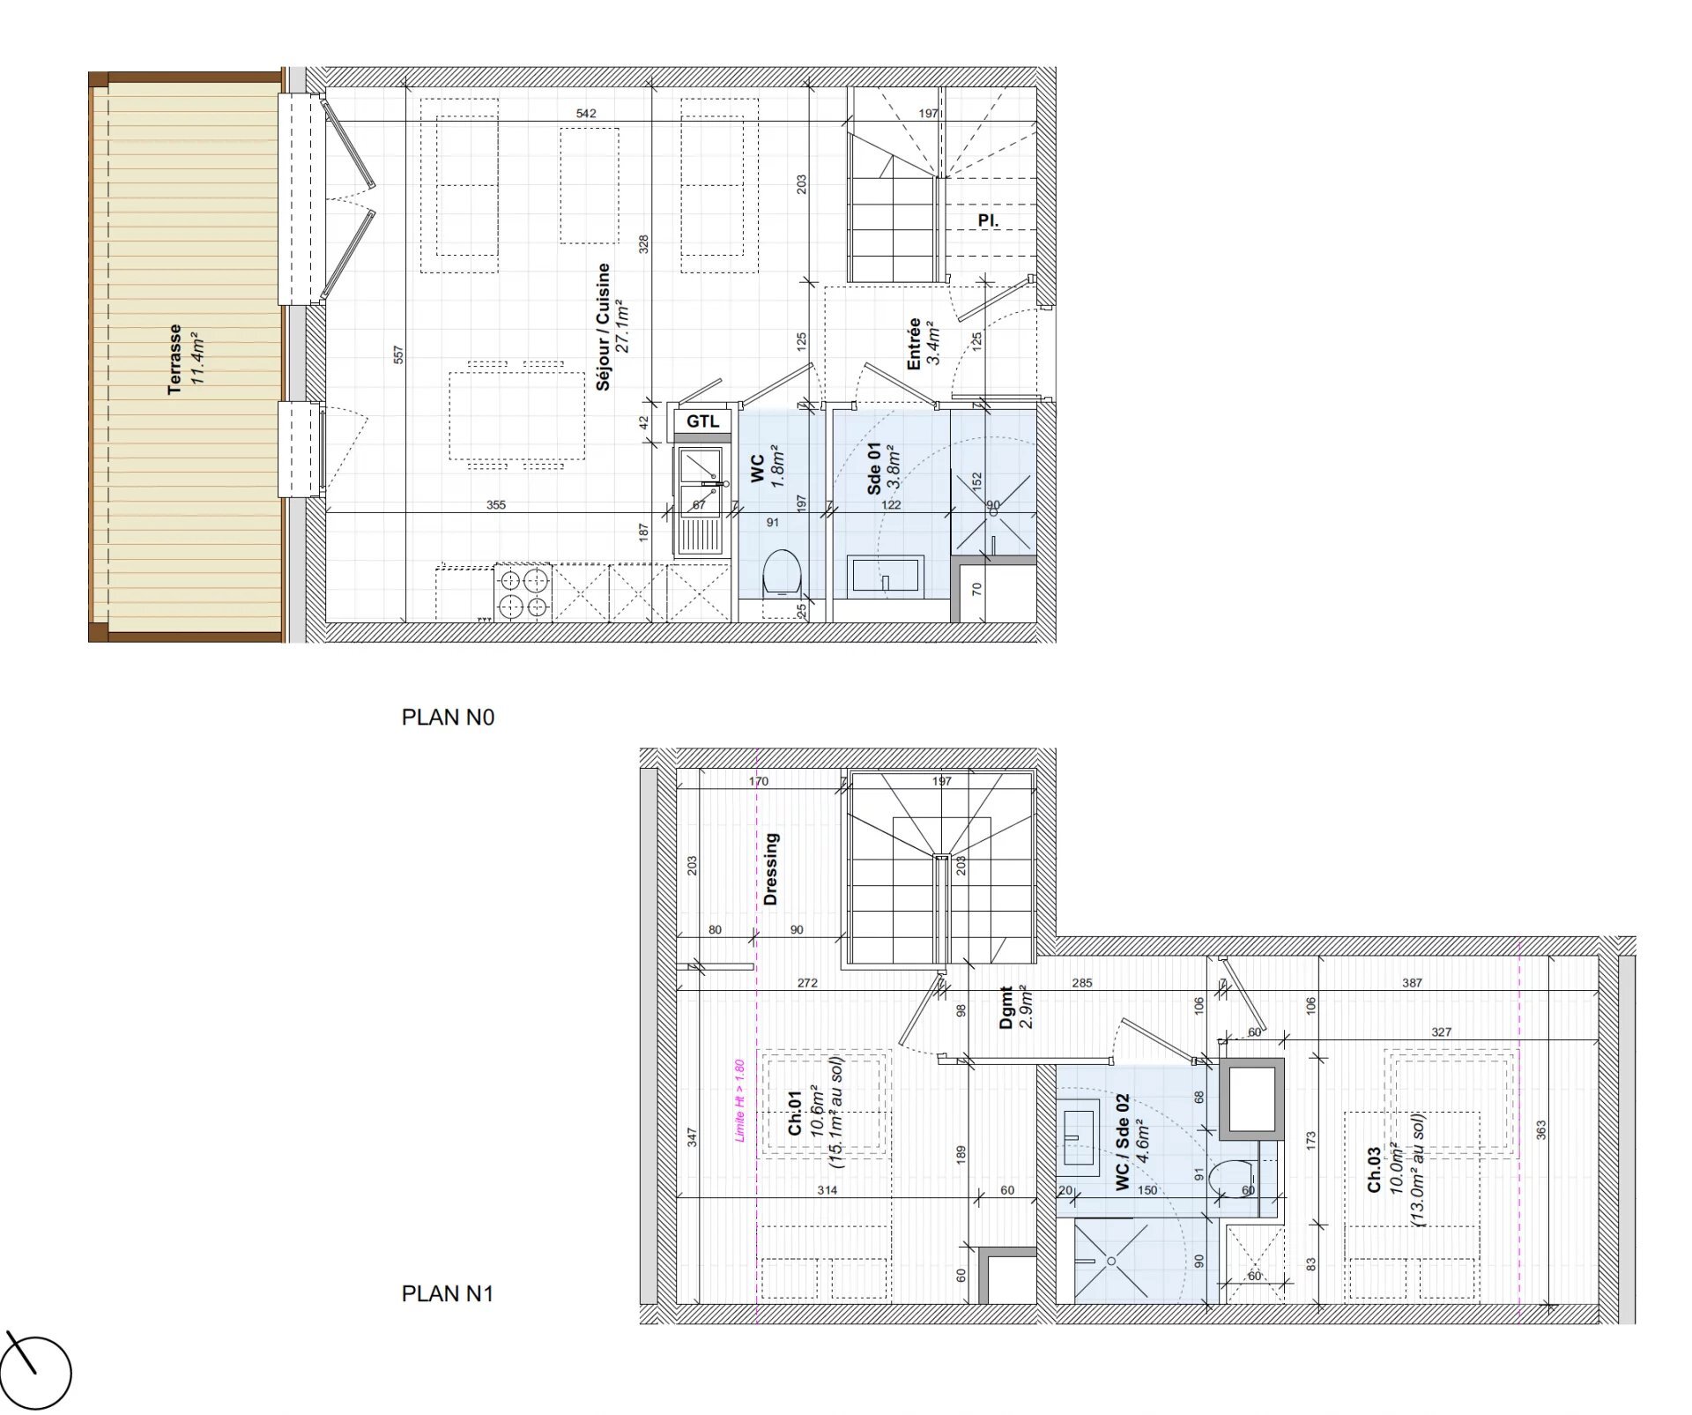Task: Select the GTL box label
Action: click(x=702, y=421)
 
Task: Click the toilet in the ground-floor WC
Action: click(x=781, y=571)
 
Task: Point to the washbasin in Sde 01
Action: click(x=885, y=577)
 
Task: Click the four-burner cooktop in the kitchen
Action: click(x=523, y=592)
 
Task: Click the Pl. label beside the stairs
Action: click(x=988, y=220)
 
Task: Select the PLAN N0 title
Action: click(x=448, y=718)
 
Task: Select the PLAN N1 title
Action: click(x=447, y=1293)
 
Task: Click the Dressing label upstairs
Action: click(x=771, y=869)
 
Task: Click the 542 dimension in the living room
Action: click(x=586, y=113)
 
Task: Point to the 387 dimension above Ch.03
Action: click(x=1412, y=982)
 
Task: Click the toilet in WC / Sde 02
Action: click(x=1231, y=1180)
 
